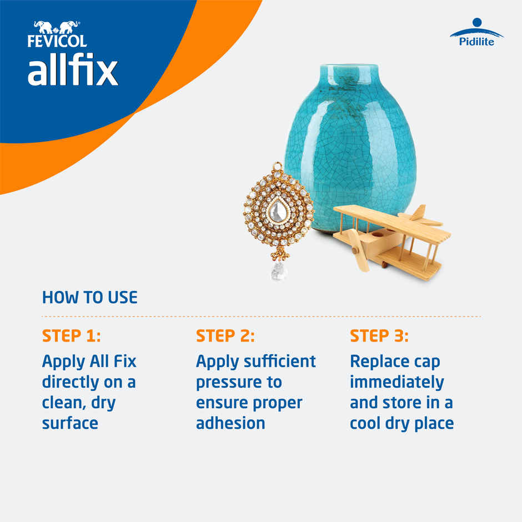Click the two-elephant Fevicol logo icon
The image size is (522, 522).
coord(56,27)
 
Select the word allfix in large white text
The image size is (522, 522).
coord(73,71)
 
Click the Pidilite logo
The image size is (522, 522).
coord(476,34)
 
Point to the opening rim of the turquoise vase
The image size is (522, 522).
coord(349,67)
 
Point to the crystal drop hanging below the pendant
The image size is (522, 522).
coord(277,270)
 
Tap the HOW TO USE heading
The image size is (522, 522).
coord(89,298)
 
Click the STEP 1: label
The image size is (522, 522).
coord(71,337)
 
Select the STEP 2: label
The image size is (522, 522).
coord(225,337)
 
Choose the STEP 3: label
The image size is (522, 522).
coord(379,337)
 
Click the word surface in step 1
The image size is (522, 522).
coord(70,423)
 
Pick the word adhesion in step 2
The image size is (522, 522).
coord(230,423)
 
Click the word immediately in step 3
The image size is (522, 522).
coord(396,382)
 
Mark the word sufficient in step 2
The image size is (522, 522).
coord(279,362)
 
